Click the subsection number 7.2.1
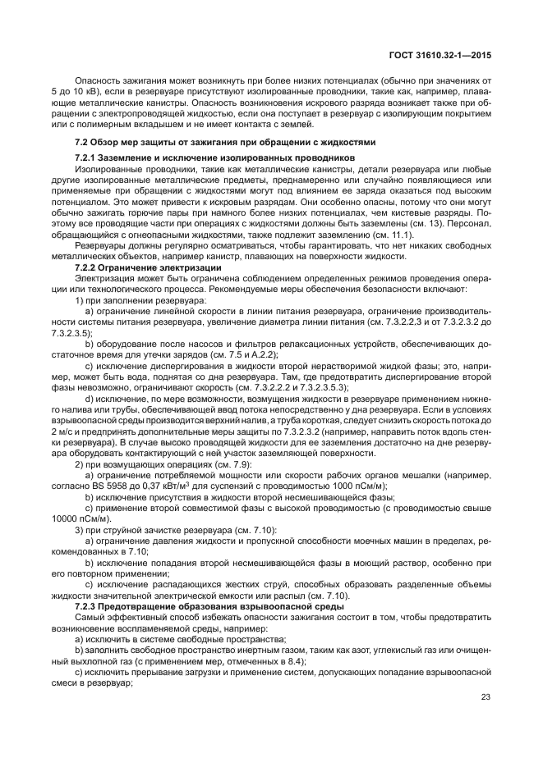(x=87, y=157)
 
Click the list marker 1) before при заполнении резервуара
(x=80, y=300)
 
